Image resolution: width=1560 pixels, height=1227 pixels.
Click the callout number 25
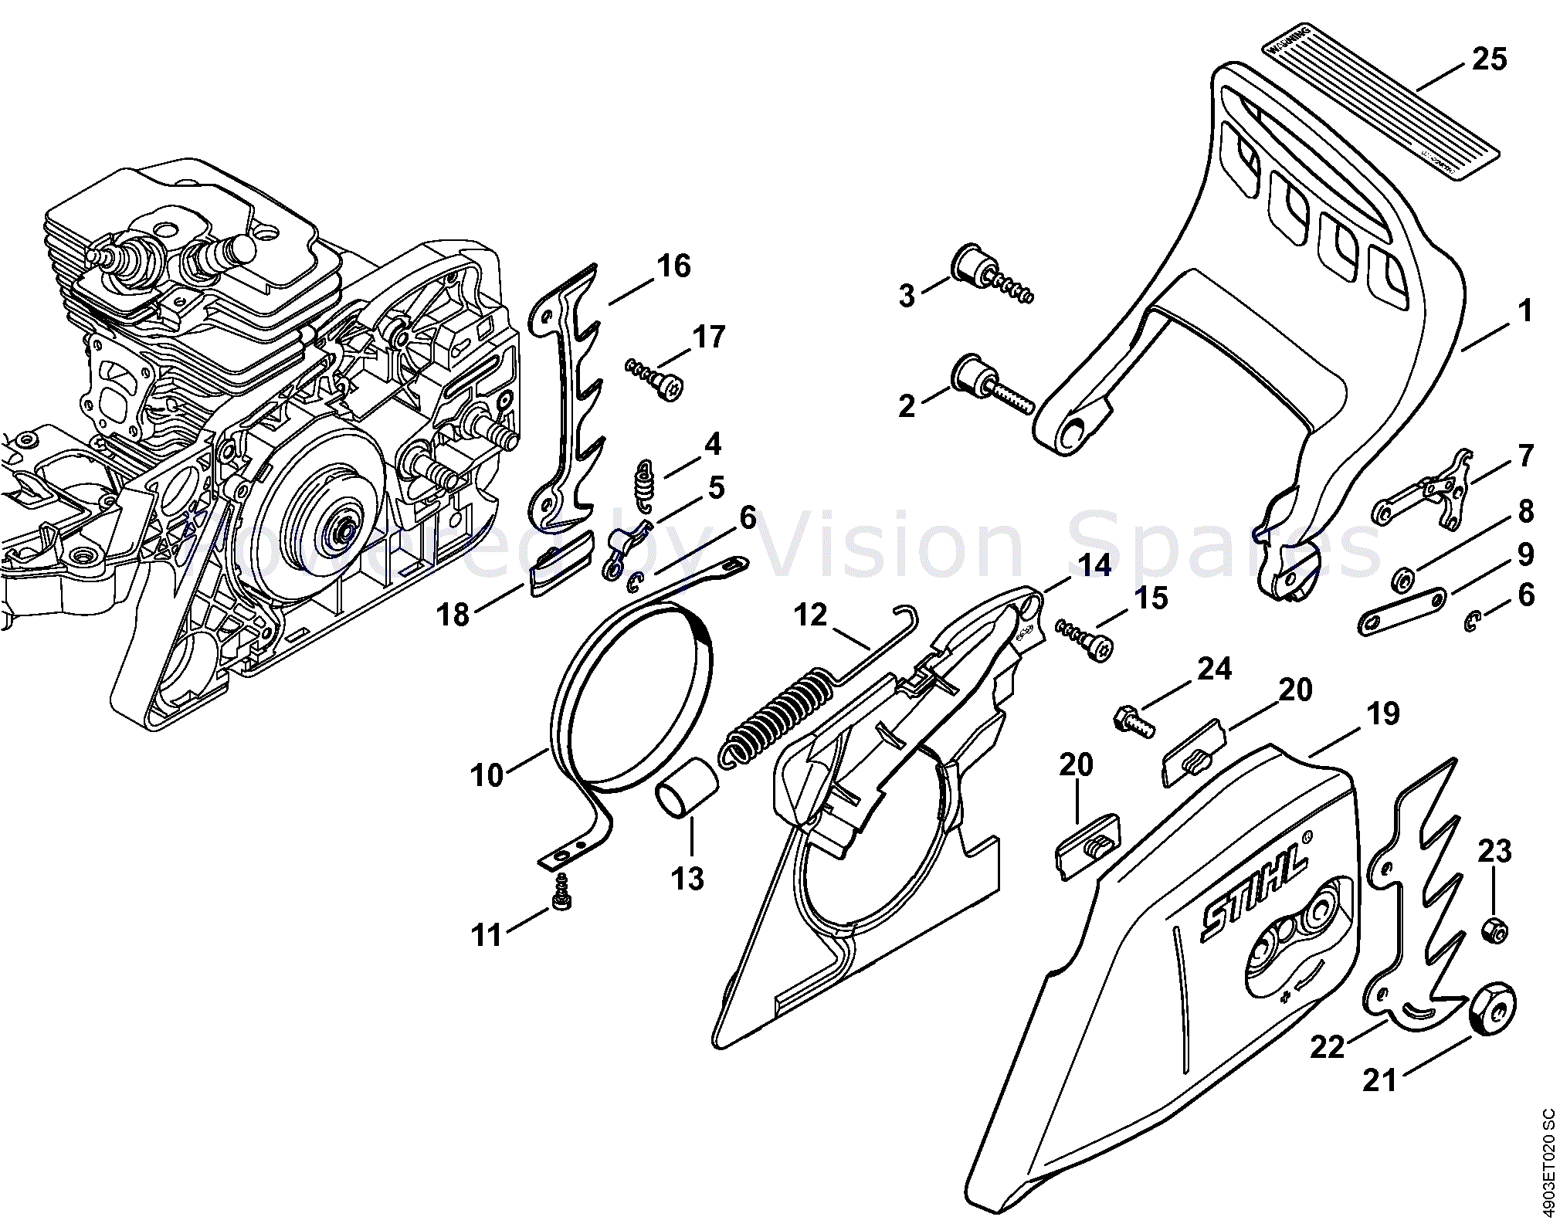(x=1489, y=59)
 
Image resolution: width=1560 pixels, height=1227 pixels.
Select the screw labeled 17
(x=655, y=378)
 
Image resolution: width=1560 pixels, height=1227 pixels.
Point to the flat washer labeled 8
(x=1402, y=578)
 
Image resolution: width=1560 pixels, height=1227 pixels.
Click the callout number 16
(x=673, y=266)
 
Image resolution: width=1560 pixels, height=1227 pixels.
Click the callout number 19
(x=1382, y=713)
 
